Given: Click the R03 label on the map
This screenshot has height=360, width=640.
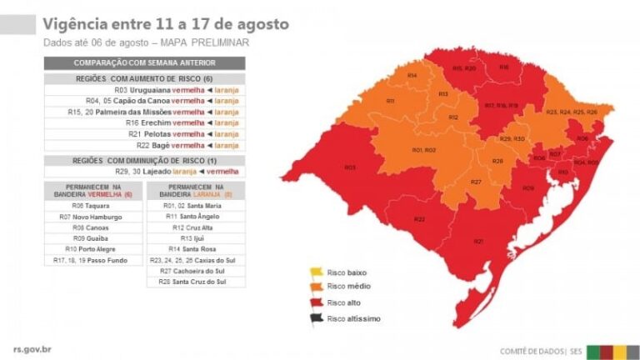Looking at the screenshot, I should point(350,167).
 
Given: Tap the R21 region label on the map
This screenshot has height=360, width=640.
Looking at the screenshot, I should point(478,241).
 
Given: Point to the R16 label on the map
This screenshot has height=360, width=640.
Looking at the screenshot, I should point(503,67).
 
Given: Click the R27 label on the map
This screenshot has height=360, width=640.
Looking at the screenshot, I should point(476,182).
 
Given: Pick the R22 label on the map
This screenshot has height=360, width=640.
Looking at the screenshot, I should point(419,218).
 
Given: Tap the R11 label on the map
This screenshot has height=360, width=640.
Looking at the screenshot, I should point(390,101).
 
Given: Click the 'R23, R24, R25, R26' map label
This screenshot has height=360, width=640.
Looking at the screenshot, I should point(571,112).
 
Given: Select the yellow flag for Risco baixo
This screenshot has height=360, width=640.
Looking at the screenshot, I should point(317,272).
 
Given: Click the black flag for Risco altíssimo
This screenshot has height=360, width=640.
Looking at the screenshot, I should point(317,317).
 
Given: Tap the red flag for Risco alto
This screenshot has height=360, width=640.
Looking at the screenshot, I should point(317,302).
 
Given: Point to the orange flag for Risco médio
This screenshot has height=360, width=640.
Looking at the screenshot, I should point(317,287).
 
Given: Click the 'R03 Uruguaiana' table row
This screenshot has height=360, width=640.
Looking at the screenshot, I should point(145,89).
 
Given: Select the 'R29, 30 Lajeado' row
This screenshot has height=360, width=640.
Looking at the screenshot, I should point(145,171).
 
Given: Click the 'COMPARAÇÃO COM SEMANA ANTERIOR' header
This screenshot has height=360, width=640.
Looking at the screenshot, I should point(145,62).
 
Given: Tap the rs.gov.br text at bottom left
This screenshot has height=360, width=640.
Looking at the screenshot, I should point(34,350).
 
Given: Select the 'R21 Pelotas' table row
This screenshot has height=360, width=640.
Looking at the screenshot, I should point(145,133).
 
